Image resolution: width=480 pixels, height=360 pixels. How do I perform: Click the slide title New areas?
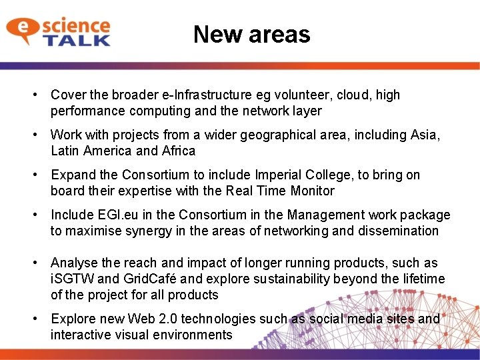tap(251, 34)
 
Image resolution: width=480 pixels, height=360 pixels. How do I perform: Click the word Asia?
tap(425, 135)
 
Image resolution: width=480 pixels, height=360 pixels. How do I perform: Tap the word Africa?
tap(179, 151)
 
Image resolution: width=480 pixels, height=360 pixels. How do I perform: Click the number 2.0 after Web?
tap(171, 319)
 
